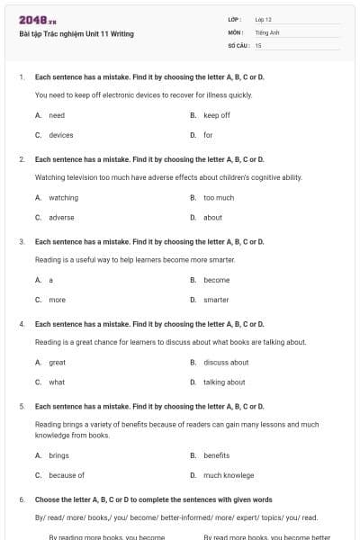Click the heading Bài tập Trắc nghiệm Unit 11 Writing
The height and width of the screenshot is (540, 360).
(76, 34)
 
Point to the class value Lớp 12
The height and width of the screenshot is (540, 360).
(264, 19)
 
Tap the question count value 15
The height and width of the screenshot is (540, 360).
(258, 44)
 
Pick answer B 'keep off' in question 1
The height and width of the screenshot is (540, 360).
(216, 115)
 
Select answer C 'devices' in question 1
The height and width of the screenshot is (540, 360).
(60, 135)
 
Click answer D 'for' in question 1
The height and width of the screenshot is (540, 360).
(208, 135)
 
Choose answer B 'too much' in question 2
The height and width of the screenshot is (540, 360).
(218, 197)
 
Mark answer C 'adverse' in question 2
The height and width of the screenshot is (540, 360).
(61, 217)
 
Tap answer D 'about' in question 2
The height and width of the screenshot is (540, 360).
(212, 217)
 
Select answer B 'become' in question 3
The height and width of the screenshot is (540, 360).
(216, 280)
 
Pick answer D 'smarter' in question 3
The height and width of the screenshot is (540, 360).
(216, 300)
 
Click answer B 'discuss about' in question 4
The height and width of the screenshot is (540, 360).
(226, 362)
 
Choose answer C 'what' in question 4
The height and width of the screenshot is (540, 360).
(57, 382)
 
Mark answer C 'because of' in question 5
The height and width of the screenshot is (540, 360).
(66, 475)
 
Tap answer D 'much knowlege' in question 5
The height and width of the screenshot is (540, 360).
(229, 475)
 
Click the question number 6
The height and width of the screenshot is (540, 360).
(21, 499)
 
